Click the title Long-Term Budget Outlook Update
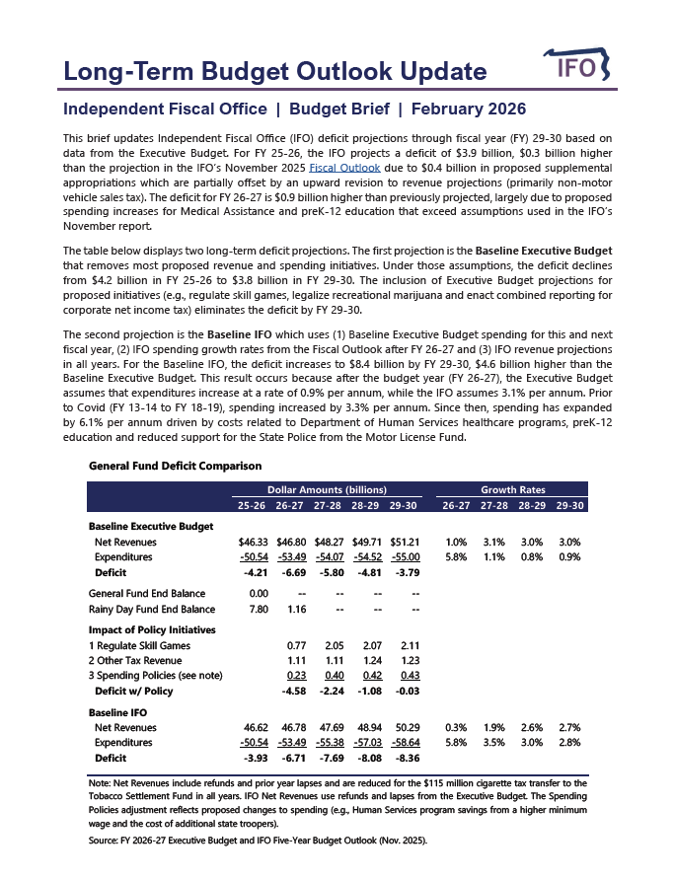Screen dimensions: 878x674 point(274,72)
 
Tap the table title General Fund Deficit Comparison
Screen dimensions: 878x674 point(175,466)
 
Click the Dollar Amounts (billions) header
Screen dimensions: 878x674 point(327,490)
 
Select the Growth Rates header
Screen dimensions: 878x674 point(512,490)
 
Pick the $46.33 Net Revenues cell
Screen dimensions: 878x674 point(254,542)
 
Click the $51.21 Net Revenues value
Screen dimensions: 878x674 point(406,542)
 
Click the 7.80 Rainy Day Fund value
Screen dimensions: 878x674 point(259,610)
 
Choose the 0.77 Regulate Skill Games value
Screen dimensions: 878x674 point(295,645)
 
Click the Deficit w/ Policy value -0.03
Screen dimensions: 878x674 point(408,692)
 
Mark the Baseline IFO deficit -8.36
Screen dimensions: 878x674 point(408,759)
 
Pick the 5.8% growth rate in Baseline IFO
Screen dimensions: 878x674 point(456,743)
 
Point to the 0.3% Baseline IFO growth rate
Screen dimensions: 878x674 point(456,727)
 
